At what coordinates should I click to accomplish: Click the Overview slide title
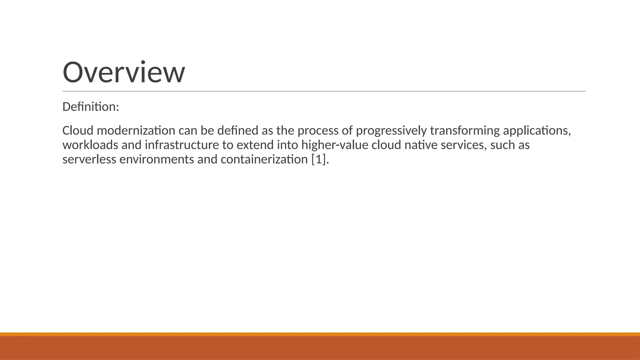[x=124, y=72]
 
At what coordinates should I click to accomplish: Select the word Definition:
[x=91, y=107]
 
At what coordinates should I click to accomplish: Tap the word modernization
[x=136, y=131]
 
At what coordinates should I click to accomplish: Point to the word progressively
[x=391, y=131]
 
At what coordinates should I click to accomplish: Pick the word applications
[x=537, y=131]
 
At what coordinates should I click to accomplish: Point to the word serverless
[x=89, y=159]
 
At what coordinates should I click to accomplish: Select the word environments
[x=157, y=159]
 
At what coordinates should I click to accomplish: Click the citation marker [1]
[x=318, y=159]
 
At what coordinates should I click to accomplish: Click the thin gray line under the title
[x=324, y=91]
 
